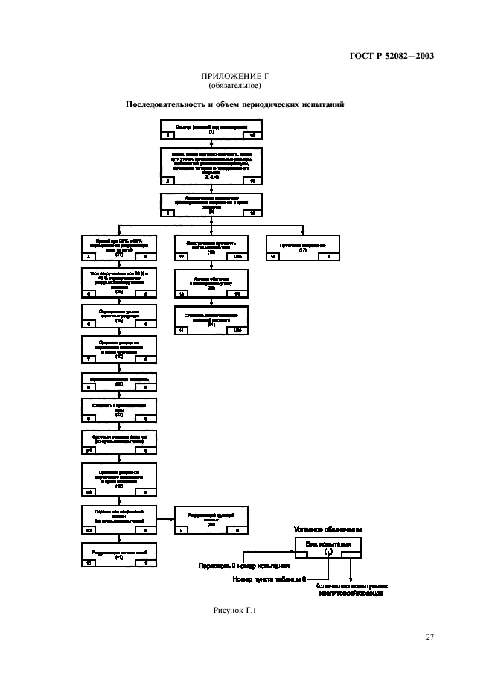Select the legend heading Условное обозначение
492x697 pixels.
(x=328, y=529)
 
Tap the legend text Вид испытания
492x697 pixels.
(x=328, y=544)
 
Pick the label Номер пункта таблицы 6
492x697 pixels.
(x=268, y=577)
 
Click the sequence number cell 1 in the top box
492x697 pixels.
(x=169, y=136)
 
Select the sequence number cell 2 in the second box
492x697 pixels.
(x=169, y=180)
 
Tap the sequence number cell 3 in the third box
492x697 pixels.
(x=169, y=212)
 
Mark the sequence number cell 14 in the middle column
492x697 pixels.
(x=182, y=329)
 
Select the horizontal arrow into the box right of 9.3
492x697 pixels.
(x=167, y=519)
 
